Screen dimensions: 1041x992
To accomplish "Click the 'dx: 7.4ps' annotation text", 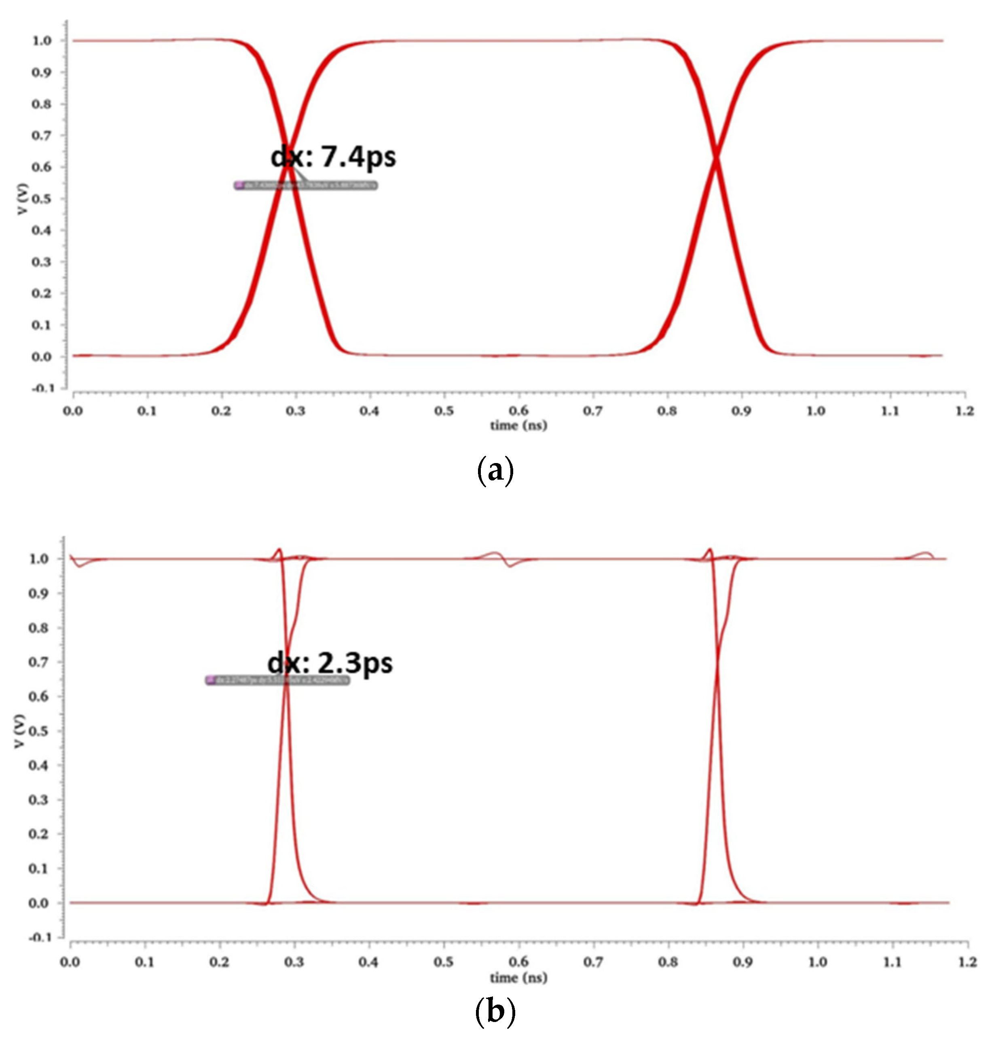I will [333, 157].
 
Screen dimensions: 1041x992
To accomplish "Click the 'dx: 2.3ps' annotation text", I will [330, 663].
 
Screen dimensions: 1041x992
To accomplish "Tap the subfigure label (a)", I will [495, 470].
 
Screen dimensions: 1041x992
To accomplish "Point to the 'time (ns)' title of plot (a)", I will [518, 425].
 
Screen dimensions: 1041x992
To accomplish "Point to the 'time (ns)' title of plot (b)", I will [518, 977].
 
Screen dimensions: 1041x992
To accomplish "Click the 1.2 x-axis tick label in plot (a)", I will [965, 411].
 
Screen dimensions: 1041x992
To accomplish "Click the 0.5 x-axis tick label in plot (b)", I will [443, 961].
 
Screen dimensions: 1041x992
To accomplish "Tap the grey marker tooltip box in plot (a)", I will [306, 185].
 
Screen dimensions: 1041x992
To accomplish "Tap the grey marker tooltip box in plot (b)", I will [277, 681].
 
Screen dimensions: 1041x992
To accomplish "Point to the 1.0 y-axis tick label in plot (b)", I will [40, 559].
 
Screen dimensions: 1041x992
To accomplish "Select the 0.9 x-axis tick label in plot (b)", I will [742, 961].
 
